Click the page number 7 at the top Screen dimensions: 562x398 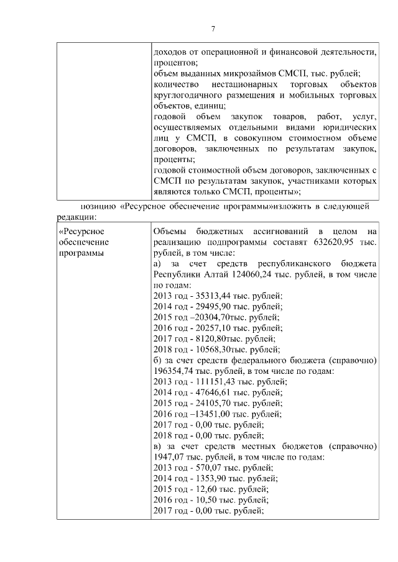[x=213, y=29]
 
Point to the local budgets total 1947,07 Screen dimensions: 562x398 [x=166, y=456]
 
